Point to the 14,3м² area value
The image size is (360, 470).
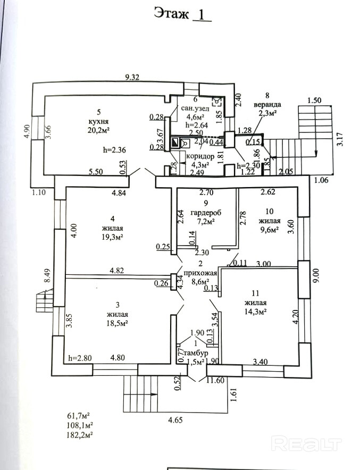pos(255,312)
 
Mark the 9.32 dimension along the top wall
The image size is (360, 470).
pos(132,78)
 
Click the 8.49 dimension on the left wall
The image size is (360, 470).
pos(47,275)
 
